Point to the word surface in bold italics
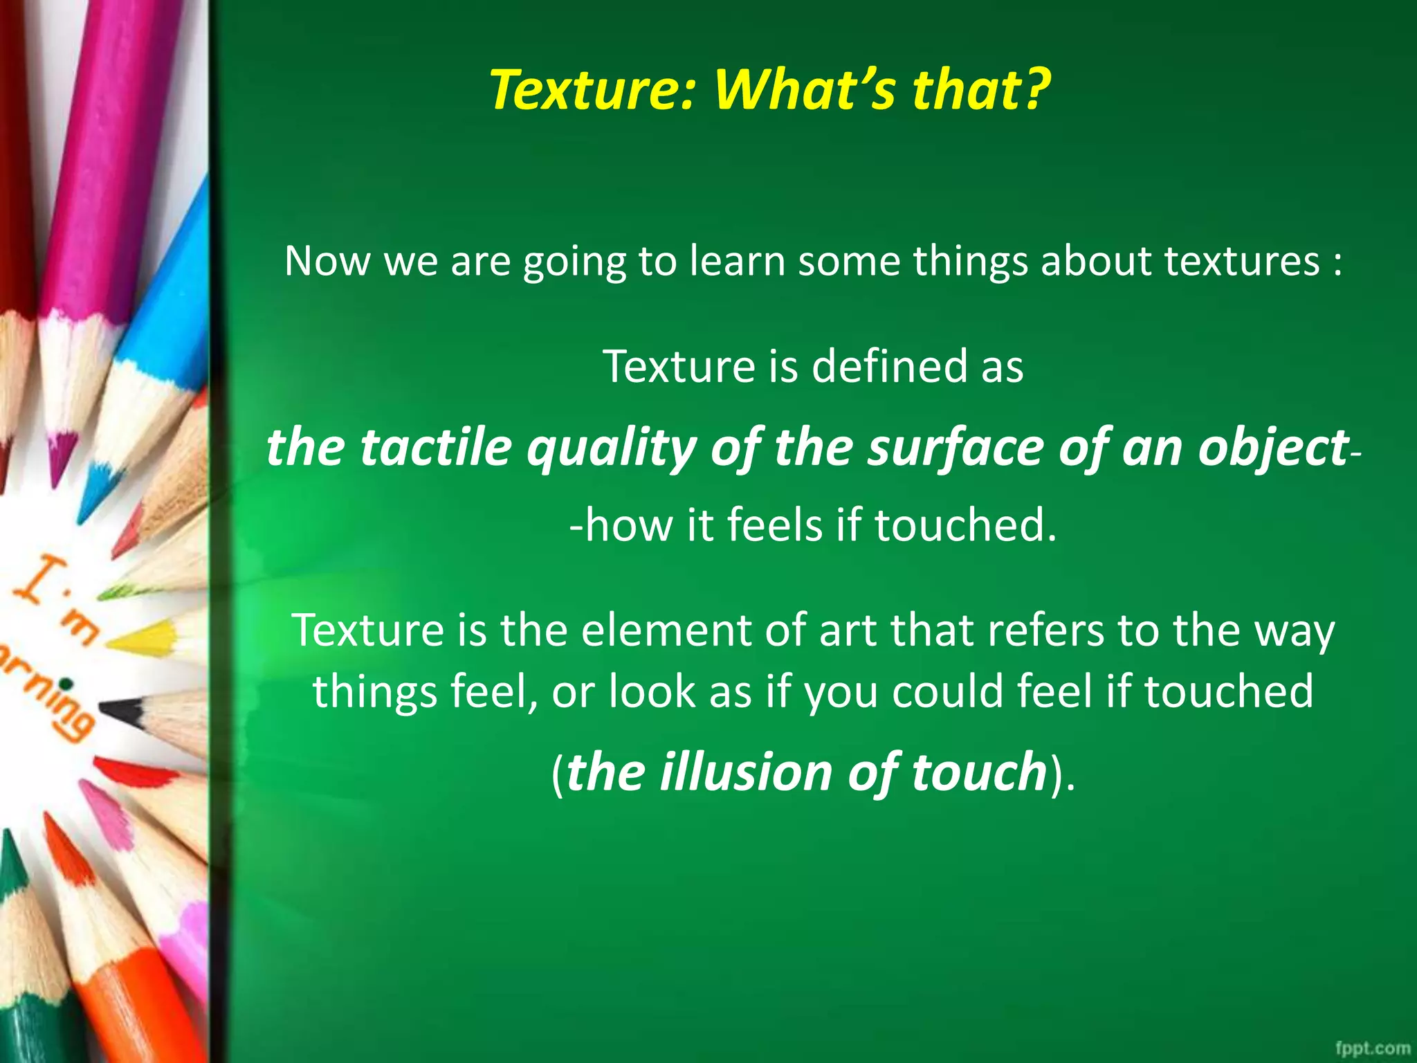point(956,448)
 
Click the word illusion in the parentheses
point(746,772)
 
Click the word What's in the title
point(793,90)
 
